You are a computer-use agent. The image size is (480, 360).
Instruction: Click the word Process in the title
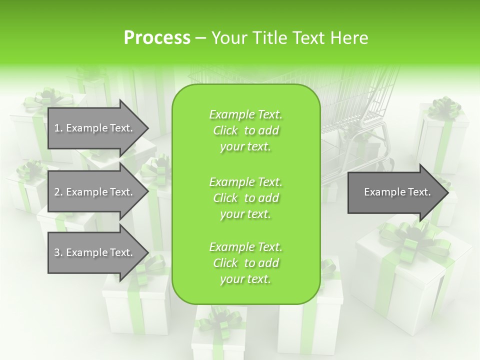(157, 37)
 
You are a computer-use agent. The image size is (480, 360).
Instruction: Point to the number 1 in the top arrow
(57, 128)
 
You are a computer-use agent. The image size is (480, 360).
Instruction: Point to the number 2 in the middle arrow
(57, 192)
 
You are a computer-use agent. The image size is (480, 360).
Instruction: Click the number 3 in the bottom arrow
(57, 252)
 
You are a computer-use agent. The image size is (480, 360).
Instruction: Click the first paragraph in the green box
(245, 130)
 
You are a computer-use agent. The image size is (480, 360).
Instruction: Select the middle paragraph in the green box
(245, 197)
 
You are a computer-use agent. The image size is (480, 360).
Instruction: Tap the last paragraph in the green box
(245, 263)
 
